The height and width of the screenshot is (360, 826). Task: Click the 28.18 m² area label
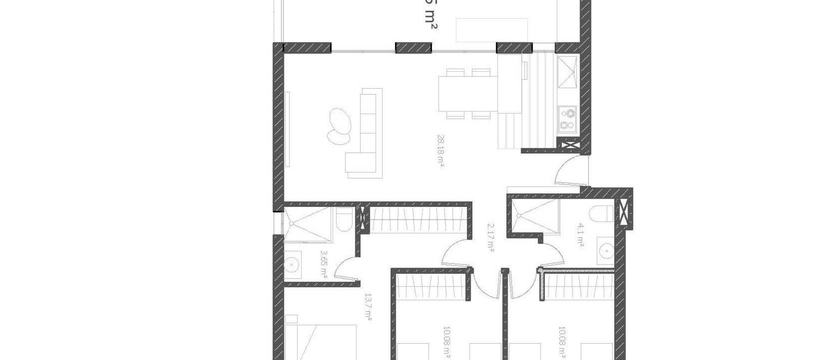[x=441, y=151]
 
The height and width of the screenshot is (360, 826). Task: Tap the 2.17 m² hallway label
[x=490, y=237]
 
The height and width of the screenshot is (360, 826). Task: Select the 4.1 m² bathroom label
[x=580, y=234]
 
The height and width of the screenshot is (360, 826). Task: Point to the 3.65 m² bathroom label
[x=324, y=264]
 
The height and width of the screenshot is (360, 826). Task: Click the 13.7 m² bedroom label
[x=368, y=307]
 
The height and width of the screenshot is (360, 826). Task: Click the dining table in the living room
[x=468, y=93]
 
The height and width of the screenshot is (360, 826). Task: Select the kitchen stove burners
[x=567, y=119]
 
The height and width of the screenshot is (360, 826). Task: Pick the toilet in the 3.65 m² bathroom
[x=344, y=220]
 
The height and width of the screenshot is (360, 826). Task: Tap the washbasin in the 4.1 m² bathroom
[x=607, y=249]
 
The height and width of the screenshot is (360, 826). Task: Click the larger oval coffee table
[x=340, y=120]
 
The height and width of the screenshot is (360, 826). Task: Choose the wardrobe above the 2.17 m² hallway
[x=418, y=219]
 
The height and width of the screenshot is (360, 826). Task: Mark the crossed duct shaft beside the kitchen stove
[x=569, y=145]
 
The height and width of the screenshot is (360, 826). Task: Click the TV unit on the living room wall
[x=287, y=129]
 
